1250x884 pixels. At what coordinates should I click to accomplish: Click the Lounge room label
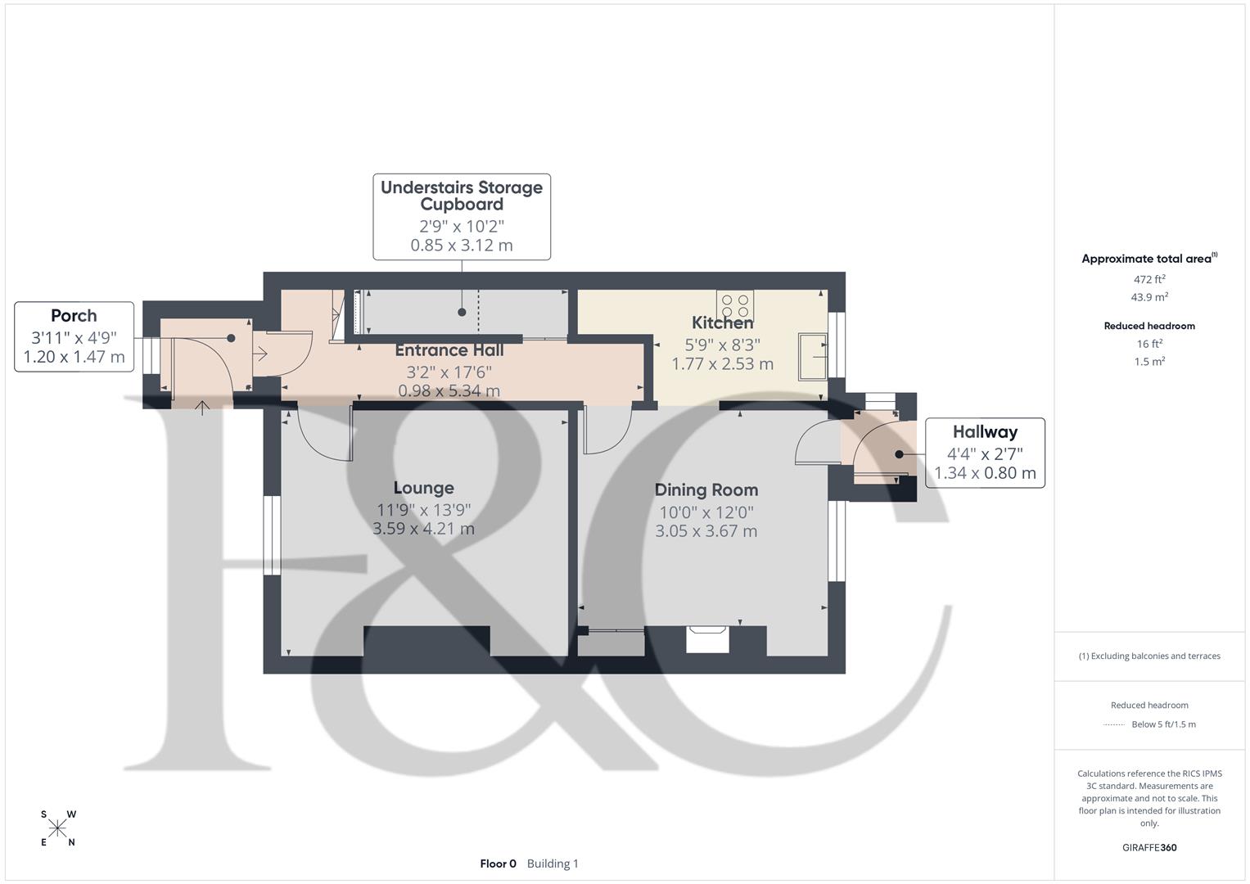423,488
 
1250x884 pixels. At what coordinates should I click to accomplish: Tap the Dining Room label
706,489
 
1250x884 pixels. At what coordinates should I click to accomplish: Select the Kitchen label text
722,322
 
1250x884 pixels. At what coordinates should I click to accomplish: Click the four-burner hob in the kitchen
735,306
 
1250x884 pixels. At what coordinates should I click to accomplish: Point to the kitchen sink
813,357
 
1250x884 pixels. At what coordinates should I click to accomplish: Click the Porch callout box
74,336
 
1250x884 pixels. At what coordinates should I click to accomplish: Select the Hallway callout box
985,453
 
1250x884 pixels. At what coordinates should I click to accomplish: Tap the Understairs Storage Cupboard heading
462,196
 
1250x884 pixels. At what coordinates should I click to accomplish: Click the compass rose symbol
57,828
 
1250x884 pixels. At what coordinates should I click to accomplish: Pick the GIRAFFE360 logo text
1149,848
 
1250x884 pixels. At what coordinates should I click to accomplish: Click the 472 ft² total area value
1149,279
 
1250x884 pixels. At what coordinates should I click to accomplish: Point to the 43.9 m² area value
1149,297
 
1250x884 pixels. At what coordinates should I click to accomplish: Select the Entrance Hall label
449,350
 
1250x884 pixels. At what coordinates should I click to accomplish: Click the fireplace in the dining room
707,638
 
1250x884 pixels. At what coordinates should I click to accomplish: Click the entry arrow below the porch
201,407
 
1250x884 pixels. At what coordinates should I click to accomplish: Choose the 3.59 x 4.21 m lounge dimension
423,529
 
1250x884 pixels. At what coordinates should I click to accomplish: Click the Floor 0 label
498,864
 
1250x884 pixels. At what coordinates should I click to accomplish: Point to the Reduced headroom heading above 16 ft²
1149,326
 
